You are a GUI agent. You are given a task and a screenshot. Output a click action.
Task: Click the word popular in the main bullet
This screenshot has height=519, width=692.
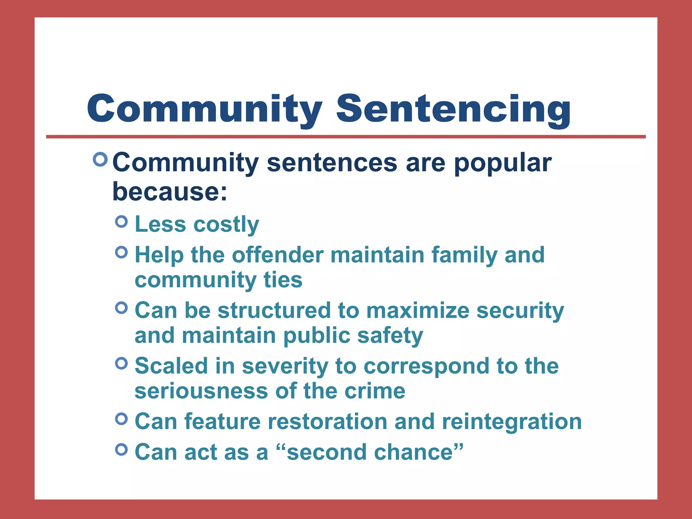point(502,163)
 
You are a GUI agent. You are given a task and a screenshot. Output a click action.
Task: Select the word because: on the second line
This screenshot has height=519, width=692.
point(170,192)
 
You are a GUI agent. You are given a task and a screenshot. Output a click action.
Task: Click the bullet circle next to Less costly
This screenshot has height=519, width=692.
point(121,222)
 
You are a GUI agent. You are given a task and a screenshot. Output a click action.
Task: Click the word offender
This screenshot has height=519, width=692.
point(278,255)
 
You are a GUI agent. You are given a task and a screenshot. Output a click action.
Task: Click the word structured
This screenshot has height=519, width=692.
point(274,311)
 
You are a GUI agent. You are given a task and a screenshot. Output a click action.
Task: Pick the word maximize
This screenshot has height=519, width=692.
point(418,311)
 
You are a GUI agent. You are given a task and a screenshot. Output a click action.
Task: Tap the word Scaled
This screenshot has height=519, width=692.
point(171,366)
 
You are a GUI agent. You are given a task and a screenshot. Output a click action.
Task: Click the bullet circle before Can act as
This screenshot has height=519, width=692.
point(121,449)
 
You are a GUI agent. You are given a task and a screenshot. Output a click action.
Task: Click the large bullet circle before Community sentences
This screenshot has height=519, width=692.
point(100,159)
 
